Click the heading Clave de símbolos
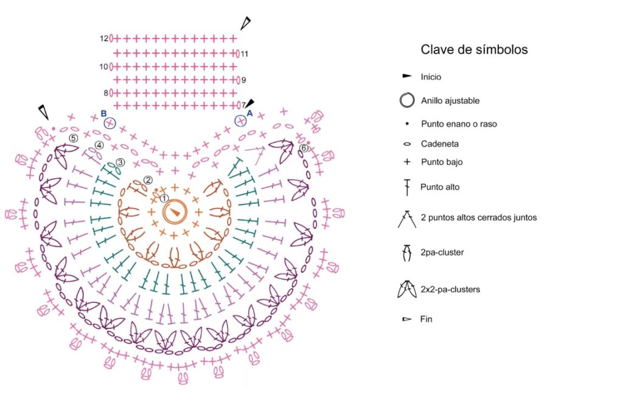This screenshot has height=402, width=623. pyautogui.click(x=474, y=50)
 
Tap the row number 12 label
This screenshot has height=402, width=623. pyautogui.click(x=104, y=38)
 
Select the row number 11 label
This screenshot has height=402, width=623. pyautogui.click(x=244, y=54)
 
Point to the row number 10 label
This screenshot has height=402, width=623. pyautogui.click(x=104, y=66)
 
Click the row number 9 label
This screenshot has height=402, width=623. pyautogui.click(x=243, y=80)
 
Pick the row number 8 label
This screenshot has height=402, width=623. pyautogui.click(x=106, y=93)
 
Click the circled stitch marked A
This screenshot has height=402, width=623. pyautogui.click(x=241, y=121)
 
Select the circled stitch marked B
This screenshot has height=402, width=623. pyautogui.click(x=109, y=123)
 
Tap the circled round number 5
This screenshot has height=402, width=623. pyautogui.click(x=73, y=138)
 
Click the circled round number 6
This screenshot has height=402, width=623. pyautogui.click(x=304, y=148)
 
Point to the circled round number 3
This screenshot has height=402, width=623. pyautogui.click(x=120, y=162)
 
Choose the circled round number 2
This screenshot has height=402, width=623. pyautogui.click(x=147, y=180)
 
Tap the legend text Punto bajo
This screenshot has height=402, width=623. pyautogui.click(x=440, y=162)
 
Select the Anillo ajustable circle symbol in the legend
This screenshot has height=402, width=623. pyautogui.click(x=406, y=100)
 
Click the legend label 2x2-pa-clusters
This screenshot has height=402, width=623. pyautogui.click(x=450, y=289)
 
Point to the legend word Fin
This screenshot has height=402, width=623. pyautogui.click(x=426, y=319)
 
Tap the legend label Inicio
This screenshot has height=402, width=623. pyautogui.click(x=431, y=77)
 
